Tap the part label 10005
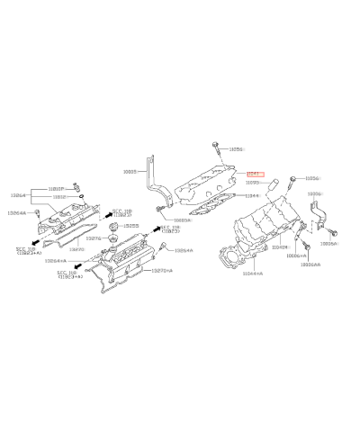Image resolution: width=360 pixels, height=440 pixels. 129,169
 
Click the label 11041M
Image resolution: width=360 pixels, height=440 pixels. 280,246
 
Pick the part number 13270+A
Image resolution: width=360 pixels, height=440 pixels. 162,269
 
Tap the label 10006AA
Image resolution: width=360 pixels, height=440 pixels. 310,265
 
